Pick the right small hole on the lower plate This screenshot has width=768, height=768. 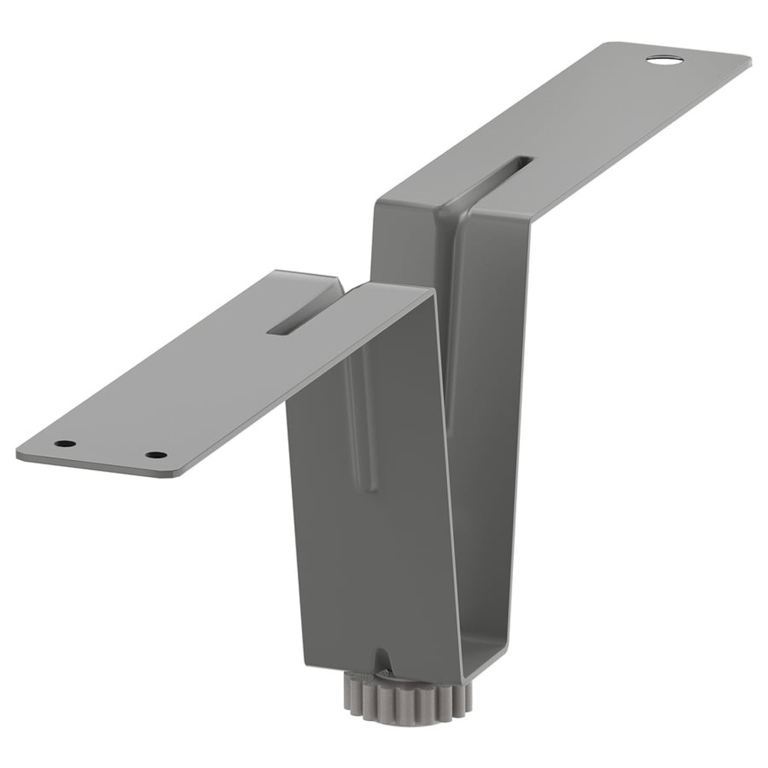coord(156,455)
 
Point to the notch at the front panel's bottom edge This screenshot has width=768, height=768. coord(382,659)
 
